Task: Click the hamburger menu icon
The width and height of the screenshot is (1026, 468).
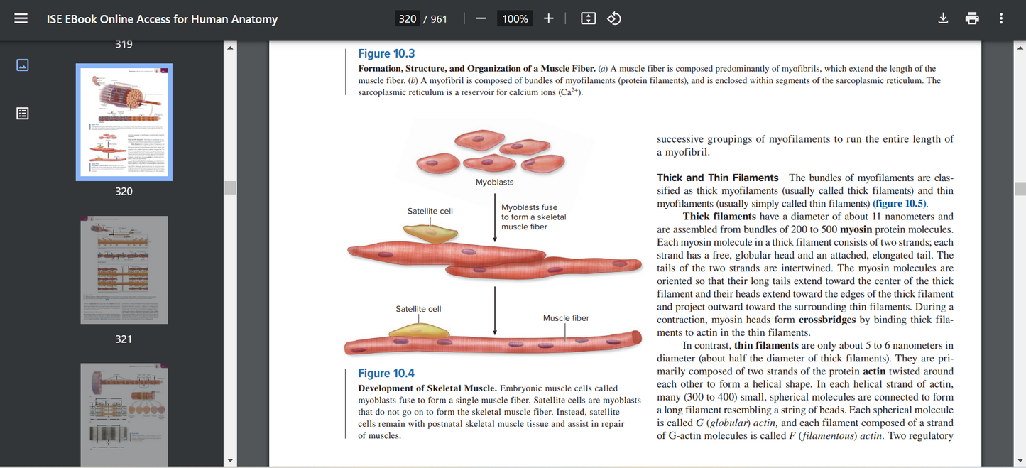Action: point(21,19)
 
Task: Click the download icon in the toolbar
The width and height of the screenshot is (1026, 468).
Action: point(943,19)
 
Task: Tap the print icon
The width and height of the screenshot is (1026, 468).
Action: point(972,19)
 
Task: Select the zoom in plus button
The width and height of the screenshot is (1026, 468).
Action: point(549,19)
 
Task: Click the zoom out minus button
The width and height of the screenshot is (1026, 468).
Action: point(481,19)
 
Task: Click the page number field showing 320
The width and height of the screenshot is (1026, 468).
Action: point(408,19)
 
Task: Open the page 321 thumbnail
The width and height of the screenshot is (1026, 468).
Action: point(124,270)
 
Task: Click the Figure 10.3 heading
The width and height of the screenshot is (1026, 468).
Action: point(386,54)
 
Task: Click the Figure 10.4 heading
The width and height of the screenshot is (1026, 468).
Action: point(386,374)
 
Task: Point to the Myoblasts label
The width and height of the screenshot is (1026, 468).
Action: point(494,183)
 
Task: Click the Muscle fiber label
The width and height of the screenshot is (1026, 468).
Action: point(566,318)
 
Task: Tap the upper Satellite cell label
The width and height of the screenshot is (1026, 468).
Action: point(430,211)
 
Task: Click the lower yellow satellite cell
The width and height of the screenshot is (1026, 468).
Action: point(415,330)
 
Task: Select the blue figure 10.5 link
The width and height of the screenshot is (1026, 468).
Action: point(900,204)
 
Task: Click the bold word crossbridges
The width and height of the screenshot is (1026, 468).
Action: point(827,320)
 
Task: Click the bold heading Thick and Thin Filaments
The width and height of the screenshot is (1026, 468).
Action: point(717,178)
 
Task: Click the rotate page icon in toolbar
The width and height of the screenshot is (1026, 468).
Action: point(615,19)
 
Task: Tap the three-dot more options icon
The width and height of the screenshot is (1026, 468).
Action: point(1001,19)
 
